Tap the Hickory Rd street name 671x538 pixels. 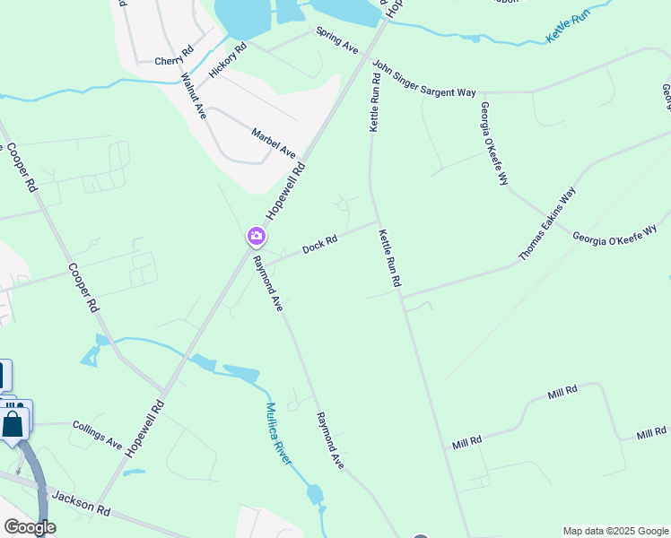[x=227, y=59]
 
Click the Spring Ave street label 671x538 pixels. [x=336, y=38]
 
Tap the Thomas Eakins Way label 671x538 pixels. [x=547, y=224]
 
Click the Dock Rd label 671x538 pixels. [x=319, y=243]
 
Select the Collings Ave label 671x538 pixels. [x=97, y=437]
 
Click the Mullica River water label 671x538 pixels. [x=278, y=433]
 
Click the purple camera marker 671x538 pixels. [x=257, y=237]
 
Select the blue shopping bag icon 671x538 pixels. [x=13, y=422]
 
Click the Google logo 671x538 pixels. [x=29, y=527]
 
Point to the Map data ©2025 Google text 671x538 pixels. [x=614, y=531]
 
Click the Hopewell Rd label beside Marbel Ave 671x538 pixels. [x=287, y=193]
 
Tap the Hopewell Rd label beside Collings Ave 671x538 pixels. [x=146, y=429]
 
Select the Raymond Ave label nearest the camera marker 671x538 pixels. [x=268, y=284]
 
